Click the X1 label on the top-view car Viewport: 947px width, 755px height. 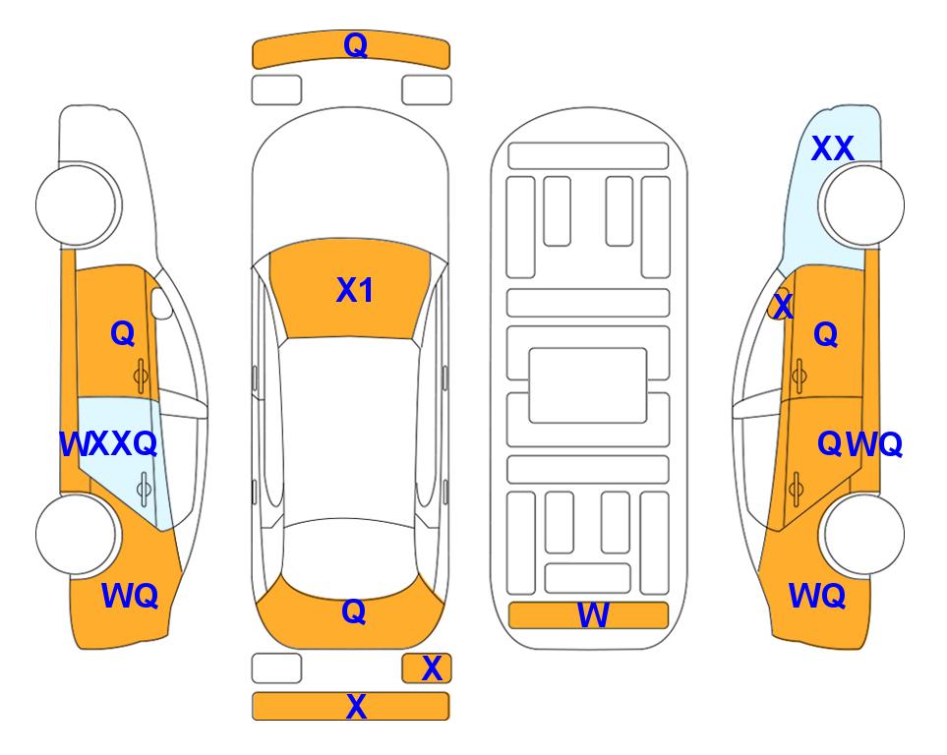click(x=355, y=290)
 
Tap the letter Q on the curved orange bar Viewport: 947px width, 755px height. click(x=355, y=44)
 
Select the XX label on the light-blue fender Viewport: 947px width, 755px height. click(x=832, y=148)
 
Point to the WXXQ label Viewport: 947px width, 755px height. click(x=108, y=444)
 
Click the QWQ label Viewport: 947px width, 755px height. click(x=859, y=444)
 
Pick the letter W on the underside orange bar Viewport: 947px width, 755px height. click(x=593, y=615)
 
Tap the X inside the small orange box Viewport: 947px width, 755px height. click(x=432, y=668)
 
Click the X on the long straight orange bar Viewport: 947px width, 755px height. click(x=356, y=706)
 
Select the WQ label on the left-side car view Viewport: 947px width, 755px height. click(x=130, y=596)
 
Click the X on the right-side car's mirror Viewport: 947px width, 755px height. click(x=783, y=306)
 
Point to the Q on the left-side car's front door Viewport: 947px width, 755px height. click(x=123, y=333)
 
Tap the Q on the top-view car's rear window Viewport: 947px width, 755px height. click(x=354, y=611)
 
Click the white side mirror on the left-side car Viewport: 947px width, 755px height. click(x=160, y=303)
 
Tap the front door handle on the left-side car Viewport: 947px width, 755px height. click(x=142, y=377)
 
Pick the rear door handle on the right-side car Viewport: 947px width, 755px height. click(x=796, y=489)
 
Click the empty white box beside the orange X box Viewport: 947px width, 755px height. click(x=276, y=668)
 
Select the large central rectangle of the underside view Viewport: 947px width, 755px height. click(x=588, y=385)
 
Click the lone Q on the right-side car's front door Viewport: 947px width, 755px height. click(x=826, y=334)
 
